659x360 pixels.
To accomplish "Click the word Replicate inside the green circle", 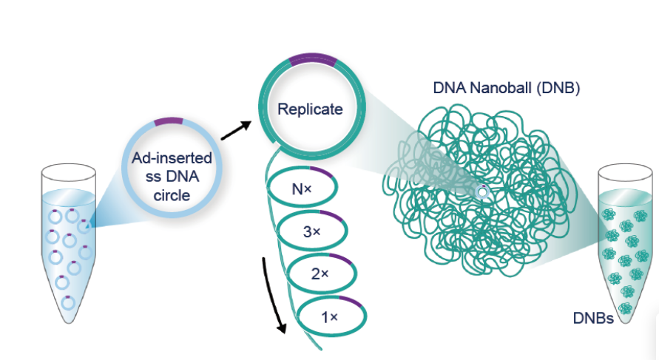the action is click(x=310, y=109).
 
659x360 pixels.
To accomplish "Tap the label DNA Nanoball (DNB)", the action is click(x=507, y=88).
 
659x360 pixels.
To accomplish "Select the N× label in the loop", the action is click(x=302, y=189).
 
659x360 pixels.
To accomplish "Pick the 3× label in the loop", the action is click(x=312, y=231).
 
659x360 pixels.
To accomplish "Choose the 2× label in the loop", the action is click(x=320, y=274).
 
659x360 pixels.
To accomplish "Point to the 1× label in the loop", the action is click(x=330, y=317).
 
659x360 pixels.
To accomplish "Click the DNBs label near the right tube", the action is click(x=593, y=318).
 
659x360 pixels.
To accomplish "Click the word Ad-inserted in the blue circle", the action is click(x=172, y=158).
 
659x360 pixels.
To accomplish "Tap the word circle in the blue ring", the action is click(x=172, y=195).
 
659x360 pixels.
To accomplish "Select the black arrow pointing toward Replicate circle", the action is click(x=236, y=130).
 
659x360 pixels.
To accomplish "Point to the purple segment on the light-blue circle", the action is click(x=169, y=121).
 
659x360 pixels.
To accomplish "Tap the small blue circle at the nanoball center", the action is click(x=482, y=192).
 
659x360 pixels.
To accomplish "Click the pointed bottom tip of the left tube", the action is click(x=69, y=322).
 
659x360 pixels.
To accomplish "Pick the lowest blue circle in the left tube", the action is click(x=68, y=302).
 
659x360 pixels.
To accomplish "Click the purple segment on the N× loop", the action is click(x=322, y=172).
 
